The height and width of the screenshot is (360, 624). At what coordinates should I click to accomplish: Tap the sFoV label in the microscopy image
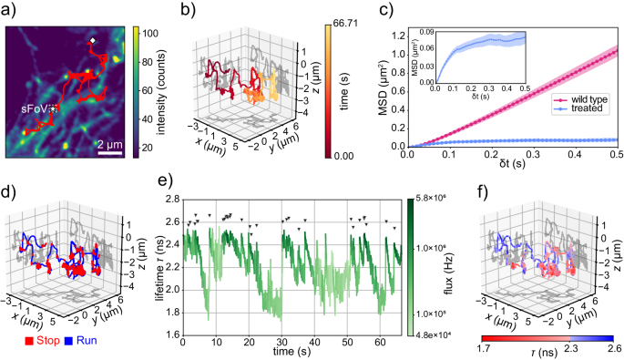click(36, 108)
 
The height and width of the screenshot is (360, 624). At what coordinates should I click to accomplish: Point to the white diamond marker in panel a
click(92, 41)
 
